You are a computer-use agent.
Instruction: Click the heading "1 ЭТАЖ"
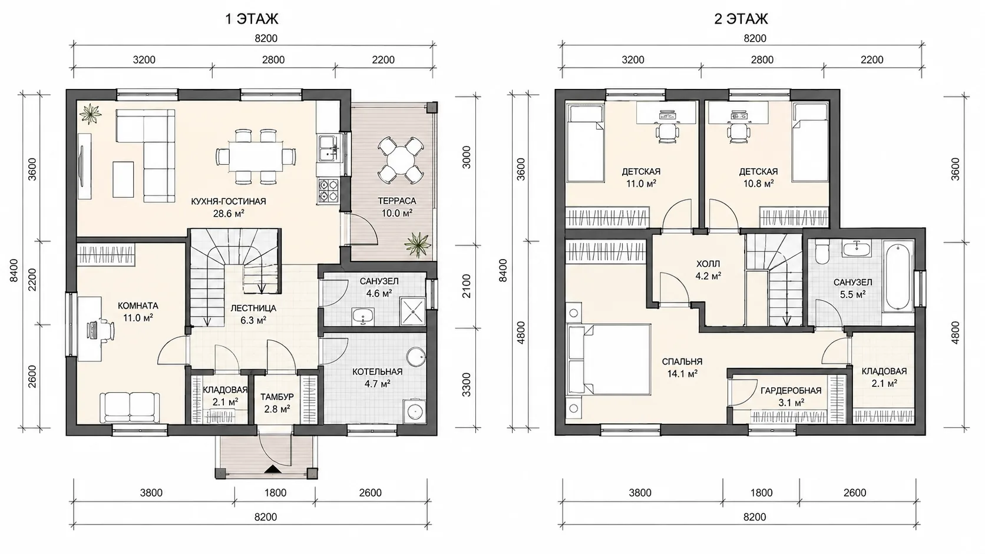coord(252,19)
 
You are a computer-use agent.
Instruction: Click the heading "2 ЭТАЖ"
coord(741,19)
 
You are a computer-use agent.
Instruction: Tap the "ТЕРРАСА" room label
coord(396,201)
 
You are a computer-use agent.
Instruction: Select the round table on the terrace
coord(399,160)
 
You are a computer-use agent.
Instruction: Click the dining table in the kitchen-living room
coord(256,157)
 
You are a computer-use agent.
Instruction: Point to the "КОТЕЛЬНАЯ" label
coord(377,371)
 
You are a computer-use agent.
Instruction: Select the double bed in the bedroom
coord(609,359)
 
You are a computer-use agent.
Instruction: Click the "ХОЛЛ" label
coord(708,264)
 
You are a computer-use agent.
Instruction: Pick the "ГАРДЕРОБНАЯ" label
coord(791,390)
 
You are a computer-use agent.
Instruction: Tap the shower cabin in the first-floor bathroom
coord(412,311)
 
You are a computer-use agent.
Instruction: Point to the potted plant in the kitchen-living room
coord(90,114)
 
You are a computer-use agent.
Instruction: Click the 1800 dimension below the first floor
coord(275,493)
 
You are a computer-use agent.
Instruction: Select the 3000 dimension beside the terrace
coord(467,157)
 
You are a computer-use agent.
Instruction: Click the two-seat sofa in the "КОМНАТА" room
coord(130,407)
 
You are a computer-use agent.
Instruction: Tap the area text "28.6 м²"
coord(229,214)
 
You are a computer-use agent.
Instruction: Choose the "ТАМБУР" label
coord(277,397)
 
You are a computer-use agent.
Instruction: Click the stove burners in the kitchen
coord(328,191)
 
